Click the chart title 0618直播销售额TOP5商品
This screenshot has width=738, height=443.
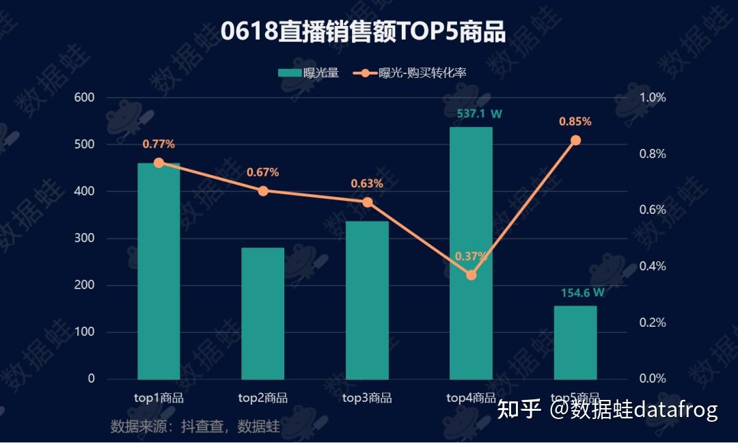coord(363,31)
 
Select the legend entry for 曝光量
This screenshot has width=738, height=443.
coord(309,73)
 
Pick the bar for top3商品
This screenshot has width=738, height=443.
coord(367,300)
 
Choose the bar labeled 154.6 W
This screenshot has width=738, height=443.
coord(575,342)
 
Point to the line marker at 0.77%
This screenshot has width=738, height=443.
coord(159,163)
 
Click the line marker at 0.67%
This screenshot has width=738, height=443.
coord(263,191)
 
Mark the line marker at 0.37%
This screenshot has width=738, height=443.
coord(471,275)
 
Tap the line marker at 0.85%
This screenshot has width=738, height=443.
coord(575,140)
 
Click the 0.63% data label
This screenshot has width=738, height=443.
coord(367,184)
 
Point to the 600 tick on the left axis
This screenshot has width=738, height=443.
coord(85,98)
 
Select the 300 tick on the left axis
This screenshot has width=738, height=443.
coord(85,239)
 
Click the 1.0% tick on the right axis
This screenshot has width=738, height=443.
coord(652,98)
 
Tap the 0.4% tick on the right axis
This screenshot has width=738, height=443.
coord(652,267)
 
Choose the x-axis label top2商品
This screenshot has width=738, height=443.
coord(263,398)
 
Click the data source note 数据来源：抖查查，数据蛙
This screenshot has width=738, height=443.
coord(195,427)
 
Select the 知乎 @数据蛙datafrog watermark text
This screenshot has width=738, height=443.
coord(607,409)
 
